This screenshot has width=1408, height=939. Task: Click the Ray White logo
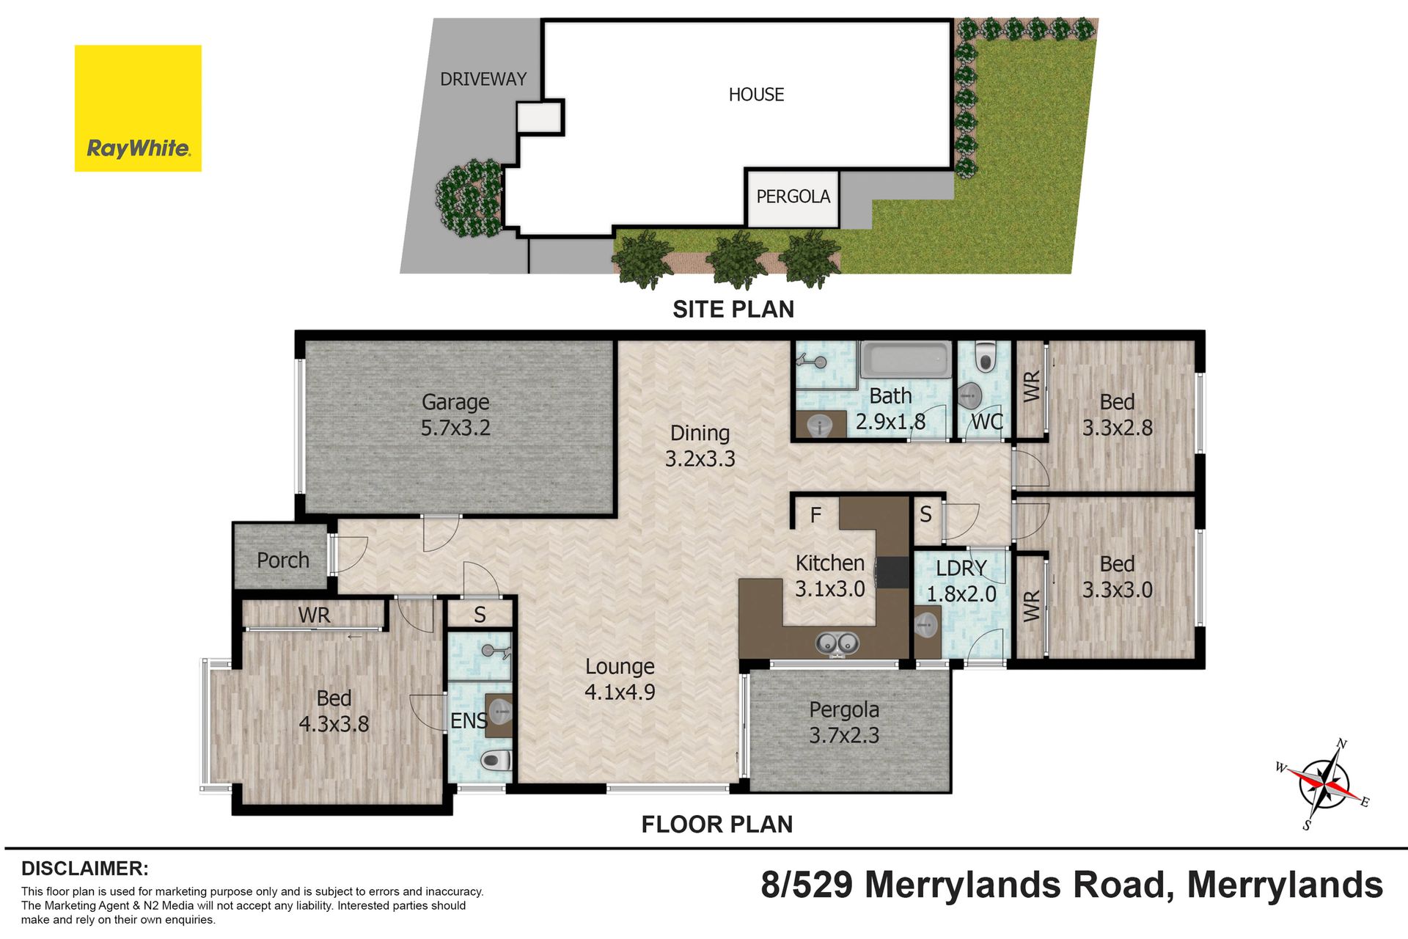[138, 109]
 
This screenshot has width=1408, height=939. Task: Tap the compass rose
[1324, 784]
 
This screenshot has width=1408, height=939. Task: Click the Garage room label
[455, 402]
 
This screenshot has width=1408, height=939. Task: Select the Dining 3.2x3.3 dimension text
[700, 458]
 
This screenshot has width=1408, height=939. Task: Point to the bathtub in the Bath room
[906, 360]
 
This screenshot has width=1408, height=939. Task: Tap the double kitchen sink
[837, 643]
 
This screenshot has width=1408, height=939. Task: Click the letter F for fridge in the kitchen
[815, 516]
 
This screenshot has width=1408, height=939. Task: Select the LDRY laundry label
[961, 568]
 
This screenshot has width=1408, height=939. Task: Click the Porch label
[283, 560]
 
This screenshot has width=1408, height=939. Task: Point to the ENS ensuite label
[469, 721]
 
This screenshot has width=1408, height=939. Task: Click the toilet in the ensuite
[496, 760]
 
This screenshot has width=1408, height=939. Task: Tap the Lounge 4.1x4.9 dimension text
[620, 692]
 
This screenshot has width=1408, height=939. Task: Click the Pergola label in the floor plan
[844, 710]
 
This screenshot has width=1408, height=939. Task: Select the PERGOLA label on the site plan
[793, 197]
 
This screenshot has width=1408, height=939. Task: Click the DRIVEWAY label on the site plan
[483, 79]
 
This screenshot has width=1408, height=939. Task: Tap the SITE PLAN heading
[733, 310]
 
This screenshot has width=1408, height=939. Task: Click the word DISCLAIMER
[85, 869]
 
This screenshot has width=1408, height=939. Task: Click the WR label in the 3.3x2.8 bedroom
[1032, 387]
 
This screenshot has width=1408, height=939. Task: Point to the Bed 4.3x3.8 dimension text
[334, 724]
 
